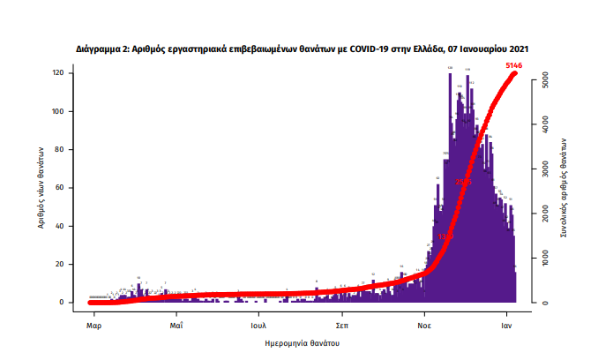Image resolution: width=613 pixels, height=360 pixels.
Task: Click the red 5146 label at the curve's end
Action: (518, 65)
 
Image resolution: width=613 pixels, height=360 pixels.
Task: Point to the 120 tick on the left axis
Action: (60, 73)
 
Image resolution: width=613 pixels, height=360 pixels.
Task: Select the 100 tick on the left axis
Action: (60, 111)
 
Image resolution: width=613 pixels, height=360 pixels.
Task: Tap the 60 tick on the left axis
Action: (62, 188)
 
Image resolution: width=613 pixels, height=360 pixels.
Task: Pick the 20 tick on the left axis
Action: (62, 264)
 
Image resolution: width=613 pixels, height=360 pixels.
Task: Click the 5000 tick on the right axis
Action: (547, 80)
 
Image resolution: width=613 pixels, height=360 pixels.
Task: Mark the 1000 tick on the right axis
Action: (547, 259)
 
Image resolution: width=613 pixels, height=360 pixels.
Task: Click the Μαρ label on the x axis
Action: (94, 324)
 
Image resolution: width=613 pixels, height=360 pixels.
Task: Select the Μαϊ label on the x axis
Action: (176, 324)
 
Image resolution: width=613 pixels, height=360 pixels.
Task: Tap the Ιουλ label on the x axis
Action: (258, 324)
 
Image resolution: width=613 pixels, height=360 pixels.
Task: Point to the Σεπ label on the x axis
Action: (340, 324)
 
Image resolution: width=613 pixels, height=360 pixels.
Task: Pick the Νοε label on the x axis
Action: (424, 324)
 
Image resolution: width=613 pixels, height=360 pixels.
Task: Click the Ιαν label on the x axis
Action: (507, 324)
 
